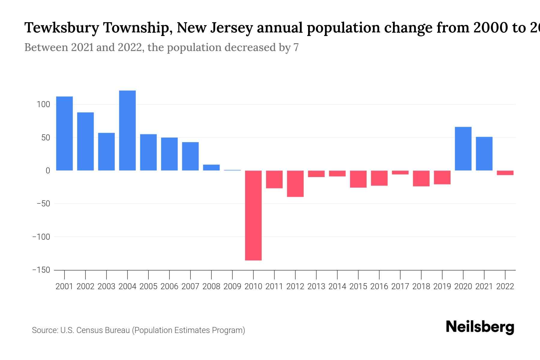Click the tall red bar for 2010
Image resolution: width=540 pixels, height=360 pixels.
253,215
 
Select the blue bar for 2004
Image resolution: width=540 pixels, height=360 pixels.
127,130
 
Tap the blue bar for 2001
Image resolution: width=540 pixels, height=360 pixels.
64,133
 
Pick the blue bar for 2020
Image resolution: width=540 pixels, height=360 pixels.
463,149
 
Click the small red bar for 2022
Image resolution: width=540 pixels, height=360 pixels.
505,173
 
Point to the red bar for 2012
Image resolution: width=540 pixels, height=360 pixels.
295,184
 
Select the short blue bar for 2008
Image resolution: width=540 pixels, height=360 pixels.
211,167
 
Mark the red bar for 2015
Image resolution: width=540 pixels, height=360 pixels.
358,179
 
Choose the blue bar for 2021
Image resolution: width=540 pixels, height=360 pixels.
484,154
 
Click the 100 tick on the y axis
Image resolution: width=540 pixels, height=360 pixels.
43,105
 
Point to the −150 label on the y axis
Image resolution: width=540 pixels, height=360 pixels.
41,270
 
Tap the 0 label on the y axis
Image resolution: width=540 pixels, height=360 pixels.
48,171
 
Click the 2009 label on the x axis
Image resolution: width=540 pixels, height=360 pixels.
232,286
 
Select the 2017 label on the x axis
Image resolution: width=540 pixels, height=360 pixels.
400,286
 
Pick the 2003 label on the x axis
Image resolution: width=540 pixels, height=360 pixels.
106,286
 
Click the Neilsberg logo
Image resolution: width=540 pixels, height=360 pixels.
480,327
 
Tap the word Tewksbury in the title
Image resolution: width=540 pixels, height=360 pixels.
61,28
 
